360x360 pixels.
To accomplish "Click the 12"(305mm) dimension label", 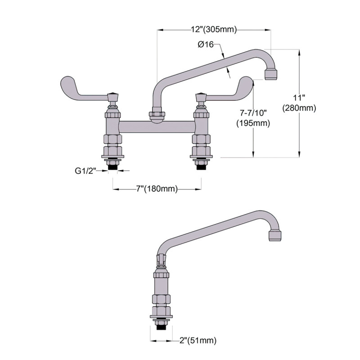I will (x=214, y=30).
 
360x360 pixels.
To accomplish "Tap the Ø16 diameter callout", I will (x=205, y=45).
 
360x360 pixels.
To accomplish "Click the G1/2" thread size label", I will (x=85, y=171).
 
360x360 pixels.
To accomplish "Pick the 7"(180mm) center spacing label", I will (x=157, y=189).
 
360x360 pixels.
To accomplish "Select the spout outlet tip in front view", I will (x=271, y=74).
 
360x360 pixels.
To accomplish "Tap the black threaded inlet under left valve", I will (x=113, y=166).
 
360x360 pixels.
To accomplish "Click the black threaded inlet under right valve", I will (x=201, y=166).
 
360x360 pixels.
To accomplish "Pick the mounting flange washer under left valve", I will (x=113, y=157).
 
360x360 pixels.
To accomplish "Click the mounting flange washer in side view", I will (x=161, y=318).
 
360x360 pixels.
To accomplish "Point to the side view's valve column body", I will (x=161, y=286).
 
